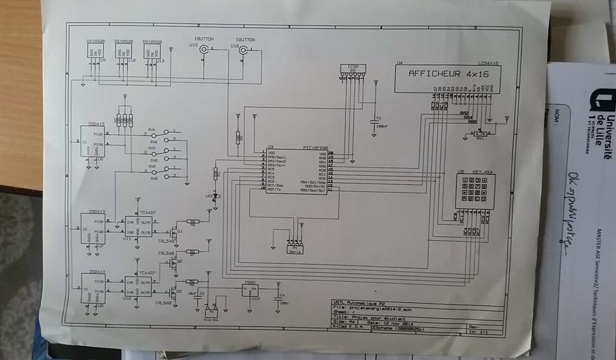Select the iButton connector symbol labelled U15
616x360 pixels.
pos(205,49)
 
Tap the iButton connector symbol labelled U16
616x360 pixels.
pos(243,49)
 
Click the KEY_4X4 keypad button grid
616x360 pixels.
pos(475,191)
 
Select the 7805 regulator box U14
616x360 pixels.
pos(250,289)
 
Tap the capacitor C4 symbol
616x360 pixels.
pos(277,297)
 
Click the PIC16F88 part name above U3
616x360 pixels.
pos(314,148)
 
